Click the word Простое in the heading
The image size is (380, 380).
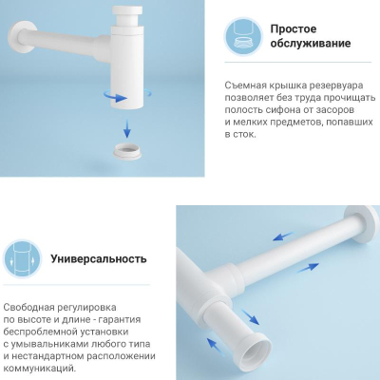tap(294, 28)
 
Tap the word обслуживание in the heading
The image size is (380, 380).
tap(311, 43)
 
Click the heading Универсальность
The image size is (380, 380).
tap(99, 258)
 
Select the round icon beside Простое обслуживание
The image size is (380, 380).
tap(243, 35)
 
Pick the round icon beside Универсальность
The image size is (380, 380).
tap(23, 258)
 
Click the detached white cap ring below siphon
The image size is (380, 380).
tap(127, 150)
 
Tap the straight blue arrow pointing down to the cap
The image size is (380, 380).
tap(127, 128)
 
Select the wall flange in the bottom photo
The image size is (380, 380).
tap(362, 224)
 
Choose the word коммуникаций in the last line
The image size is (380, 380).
tap(40, 369)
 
